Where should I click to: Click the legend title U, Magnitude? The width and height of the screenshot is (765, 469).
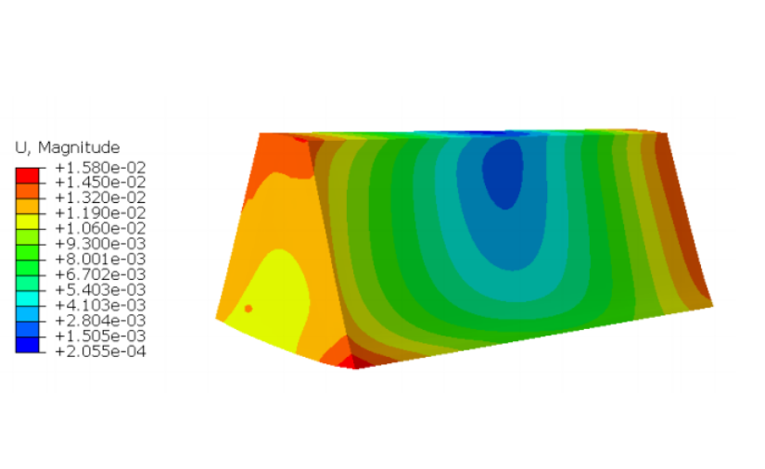point(68,147)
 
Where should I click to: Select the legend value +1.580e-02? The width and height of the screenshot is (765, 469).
point(100,168)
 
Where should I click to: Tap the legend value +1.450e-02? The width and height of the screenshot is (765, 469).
point(100,183)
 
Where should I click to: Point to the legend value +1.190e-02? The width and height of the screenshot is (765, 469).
point(100,213)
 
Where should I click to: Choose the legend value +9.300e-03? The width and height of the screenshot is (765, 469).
point(100,244)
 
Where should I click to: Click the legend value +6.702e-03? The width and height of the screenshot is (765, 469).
point(100,274)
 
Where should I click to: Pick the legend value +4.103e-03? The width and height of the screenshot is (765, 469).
point(100,305)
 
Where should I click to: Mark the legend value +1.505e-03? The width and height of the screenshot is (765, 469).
point(100,336)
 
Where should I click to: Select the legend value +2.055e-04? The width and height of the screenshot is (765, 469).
point(100,351)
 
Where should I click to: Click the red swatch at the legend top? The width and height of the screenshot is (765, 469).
point(27,175)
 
